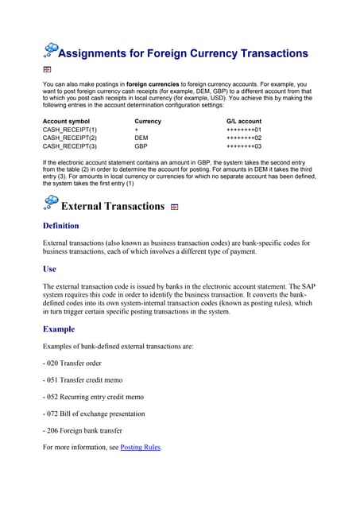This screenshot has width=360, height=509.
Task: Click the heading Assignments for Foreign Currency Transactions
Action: (184, 53)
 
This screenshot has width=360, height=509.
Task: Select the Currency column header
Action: (148, 122)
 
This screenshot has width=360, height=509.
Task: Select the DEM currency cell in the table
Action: (142, 138)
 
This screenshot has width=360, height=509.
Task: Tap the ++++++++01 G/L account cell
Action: (244, 130)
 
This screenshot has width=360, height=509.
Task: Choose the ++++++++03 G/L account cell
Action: (244, 146)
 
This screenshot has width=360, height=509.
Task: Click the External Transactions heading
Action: (112, 207)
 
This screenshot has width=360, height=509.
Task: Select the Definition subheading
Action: (72, 227)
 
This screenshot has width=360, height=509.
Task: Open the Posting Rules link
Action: (140, 448)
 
